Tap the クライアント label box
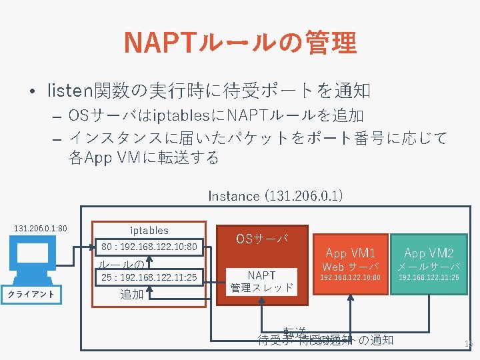tap(31, 294)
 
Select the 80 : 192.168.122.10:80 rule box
tap(149, 247)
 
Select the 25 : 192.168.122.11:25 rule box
tap(149, 277)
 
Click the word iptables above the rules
tap(149, 230)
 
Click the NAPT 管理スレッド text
tap(261, 281)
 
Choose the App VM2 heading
tap(429, 253)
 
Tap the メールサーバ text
tap(429, 267)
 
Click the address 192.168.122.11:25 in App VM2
tap(429, 277)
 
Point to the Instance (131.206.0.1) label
tap(275, 195)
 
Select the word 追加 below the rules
tap(131, 295)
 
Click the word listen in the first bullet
tap(66, 89)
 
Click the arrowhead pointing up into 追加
tap(152, 291)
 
